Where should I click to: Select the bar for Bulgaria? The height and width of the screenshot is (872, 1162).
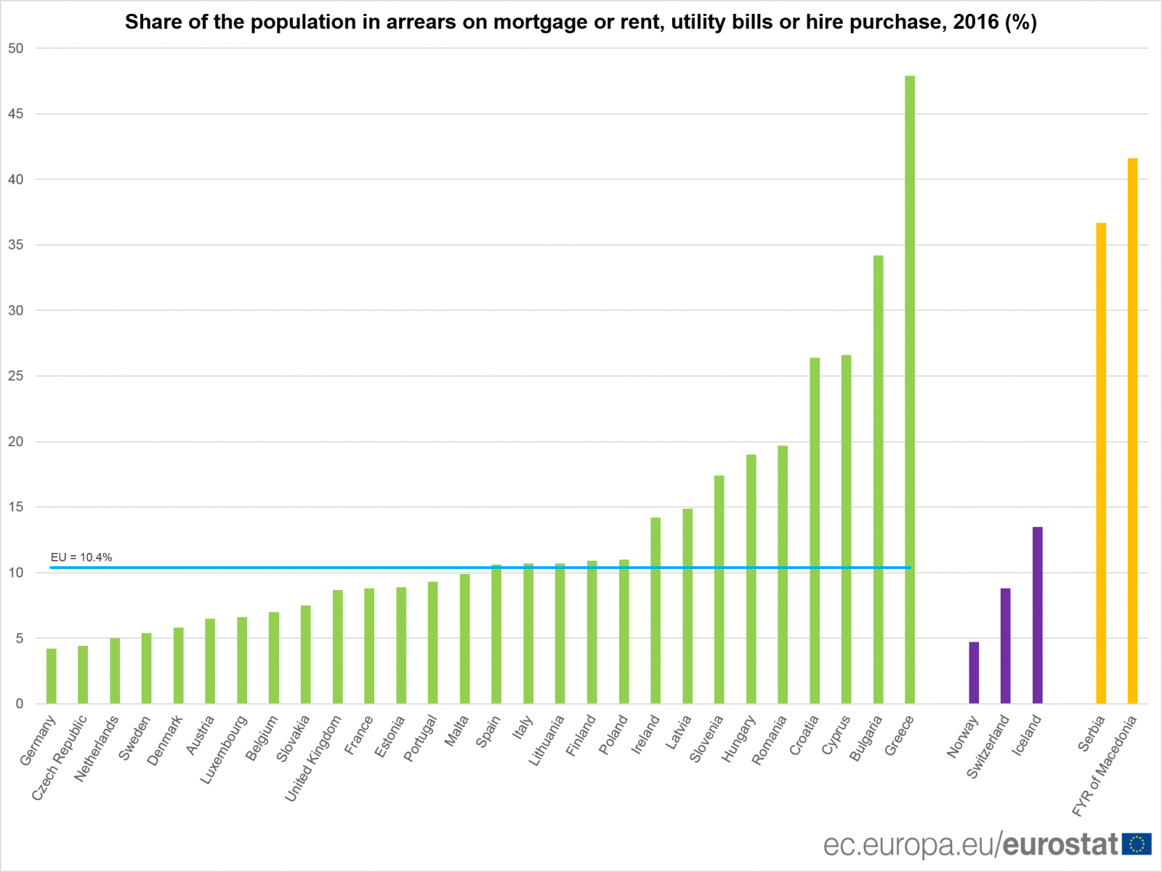[878, 480]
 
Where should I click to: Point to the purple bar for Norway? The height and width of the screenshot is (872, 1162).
[974, 673]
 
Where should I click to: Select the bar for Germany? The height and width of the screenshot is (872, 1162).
[52, 676]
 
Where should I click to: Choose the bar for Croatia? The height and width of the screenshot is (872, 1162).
[815, 530]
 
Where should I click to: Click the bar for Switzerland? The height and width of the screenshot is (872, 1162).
[1005, 646]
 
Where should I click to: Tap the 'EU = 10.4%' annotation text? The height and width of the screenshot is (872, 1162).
[81, 557]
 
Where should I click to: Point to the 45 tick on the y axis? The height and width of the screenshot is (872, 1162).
[16, 114]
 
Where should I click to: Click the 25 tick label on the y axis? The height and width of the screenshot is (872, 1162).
[16, 376]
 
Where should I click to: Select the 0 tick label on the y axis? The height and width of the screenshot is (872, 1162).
[20, 703]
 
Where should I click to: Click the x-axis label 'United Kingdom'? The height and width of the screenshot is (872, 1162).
[313, 759]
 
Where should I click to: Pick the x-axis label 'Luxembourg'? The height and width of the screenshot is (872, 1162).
[224, 750]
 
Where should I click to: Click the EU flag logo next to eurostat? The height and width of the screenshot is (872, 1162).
[1137, 844]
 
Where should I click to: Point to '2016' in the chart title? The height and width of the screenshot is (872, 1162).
[976, 22]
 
